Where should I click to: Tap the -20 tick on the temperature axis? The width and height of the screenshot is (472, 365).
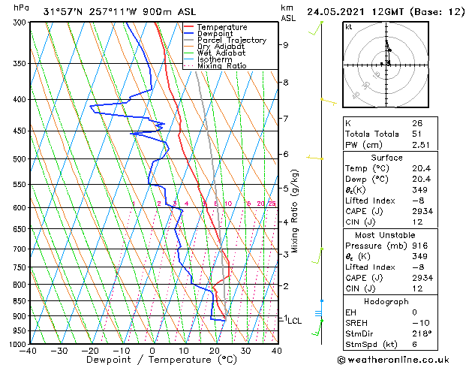coord(90,351)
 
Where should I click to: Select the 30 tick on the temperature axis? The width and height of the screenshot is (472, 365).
coord(245,351)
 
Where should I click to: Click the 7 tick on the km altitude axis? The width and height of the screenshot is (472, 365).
coord(285,119)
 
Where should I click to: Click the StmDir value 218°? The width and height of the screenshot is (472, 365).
coord(422,333)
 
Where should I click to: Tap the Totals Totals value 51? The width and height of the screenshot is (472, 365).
coord(416,134)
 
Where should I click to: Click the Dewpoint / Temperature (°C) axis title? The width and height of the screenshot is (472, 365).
coord(150,360)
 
